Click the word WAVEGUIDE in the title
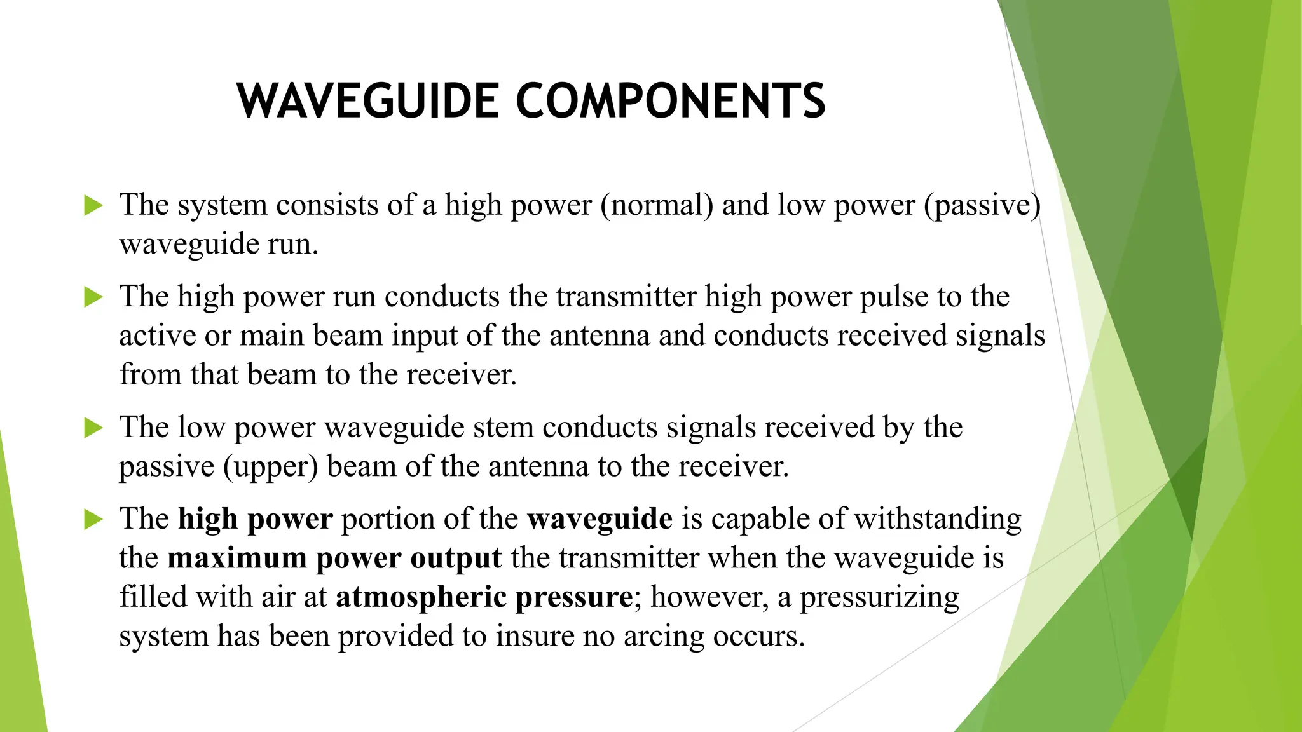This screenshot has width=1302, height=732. coord(368,101)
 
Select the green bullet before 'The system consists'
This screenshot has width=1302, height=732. coord(93,205)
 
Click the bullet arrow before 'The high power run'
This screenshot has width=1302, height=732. coord(93,297)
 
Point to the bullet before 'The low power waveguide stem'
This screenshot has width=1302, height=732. coord(93,428)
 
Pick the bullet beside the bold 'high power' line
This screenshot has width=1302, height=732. coord(93,519)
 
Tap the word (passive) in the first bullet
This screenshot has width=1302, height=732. coord(982,205)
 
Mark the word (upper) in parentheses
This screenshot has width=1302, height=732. coord(270,467)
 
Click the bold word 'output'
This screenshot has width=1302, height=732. coord(456,559)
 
